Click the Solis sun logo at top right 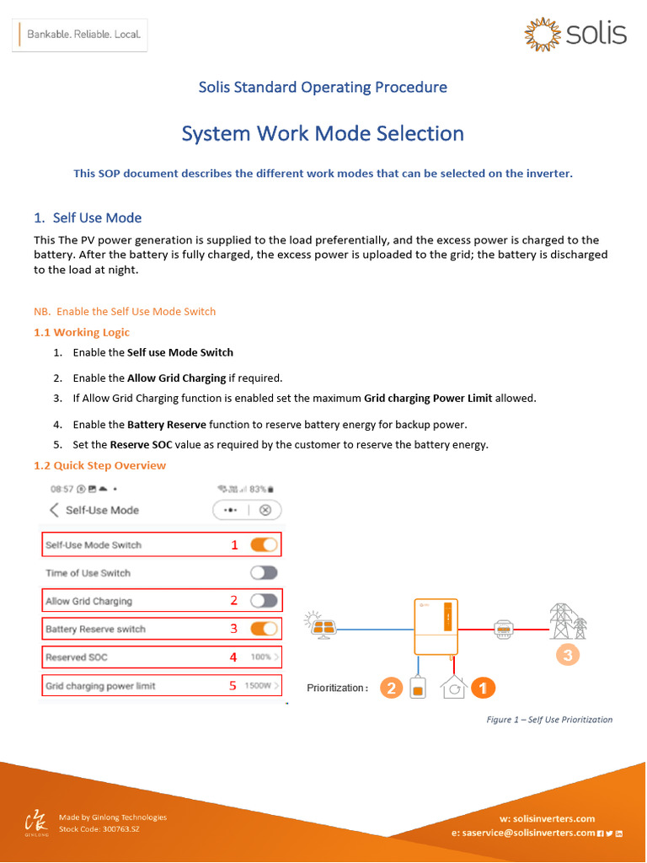(541, 34)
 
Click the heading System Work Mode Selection (323, 133)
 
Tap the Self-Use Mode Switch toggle (264, 544)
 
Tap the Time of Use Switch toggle (264, 573)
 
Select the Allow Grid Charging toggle (264, 601)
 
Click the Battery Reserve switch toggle (264, 629)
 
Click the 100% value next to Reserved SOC (263, 657)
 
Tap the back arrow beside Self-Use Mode (54, 510)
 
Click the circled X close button (265, 510)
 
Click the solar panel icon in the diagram (323, 626)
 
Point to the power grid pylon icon (567, 621)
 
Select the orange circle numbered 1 (482, 689)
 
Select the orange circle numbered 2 (390, 689)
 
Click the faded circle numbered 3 (567, 655)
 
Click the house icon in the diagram (452, 688)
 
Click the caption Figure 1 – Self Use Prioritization (549, 720)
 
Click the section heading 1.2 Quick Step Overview (99, 465)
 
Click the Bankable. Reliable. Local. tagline (83, 35)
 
